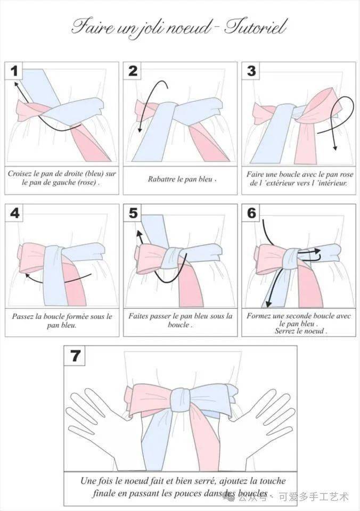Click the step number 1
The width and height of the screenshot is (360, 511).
[14, 71]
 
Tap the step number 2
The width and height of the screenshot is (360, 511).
[133, 71]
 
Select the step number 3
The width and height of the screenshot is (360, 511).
[251, 71]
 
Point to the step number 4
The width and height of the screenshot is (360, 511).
[15, 213]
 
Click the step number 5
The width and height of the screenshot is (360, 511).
[133, 213]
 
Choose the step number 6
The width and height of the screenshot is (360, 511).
[251, 213]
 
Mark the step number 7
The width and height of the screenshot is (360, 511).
[75, 355]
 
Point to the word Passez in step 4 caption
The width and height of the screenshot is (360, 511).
[23, 316]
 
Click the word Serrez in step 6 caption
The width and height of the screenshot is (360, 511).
[285, 331]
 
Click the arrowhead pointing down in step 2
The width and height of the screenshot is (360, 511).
[140, 130]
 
